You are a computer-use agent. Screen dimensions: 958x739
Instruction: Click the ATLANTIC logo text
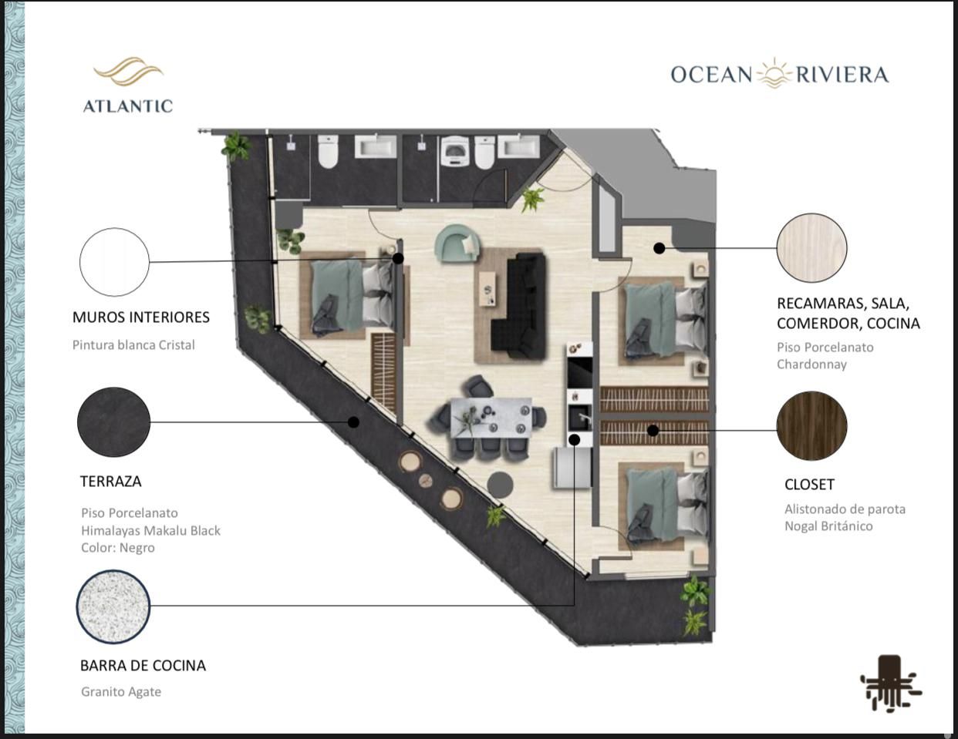pos(128,106)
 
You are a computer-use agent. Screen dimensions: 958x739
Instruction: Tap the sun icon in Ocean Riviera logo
pos(774,73)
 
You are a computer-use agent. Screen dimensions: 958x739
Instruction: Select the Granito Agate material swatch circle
pos(113,606)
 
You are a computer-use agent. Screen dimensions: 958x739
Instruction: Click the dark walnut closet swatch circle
pos(811,426)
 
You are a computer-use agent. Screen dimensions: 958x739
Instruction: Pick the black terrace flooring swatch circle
pos(113,422)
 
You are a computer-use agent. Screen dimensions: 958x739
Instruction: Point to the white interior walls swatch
pos(114,262)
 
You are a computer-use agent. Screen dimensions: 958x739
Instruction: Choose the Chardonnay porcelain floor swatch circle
pos(811,247)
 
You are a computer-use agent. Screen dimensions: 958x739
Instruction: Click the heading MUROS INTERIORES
pos(141,317)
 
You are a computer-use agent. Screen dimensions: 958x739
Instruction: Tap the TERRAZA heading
pos(110,482)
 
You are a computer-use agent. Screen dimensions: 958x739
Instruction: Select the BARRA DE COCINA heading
pos(143,666)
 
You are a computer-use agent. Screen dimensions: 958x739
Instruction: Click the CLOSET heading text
pos(809,485)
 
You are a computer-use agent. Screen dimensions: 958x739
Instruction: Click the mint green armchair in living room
pos(457,243)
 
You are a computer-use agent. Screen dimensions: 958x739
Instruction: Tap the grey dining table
pos(491,418)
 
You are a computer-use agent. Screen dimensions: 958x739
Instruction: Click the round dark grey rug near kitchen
pos(500,485)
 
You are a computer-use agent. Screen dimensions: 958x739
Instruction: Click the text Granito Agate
pos(121,692)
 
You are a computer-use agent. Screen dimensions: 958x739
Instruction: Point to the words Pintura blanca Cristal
pos(133,344)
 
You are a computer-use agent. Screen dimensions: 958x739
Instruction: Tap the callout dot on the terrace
pos(353,422)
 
